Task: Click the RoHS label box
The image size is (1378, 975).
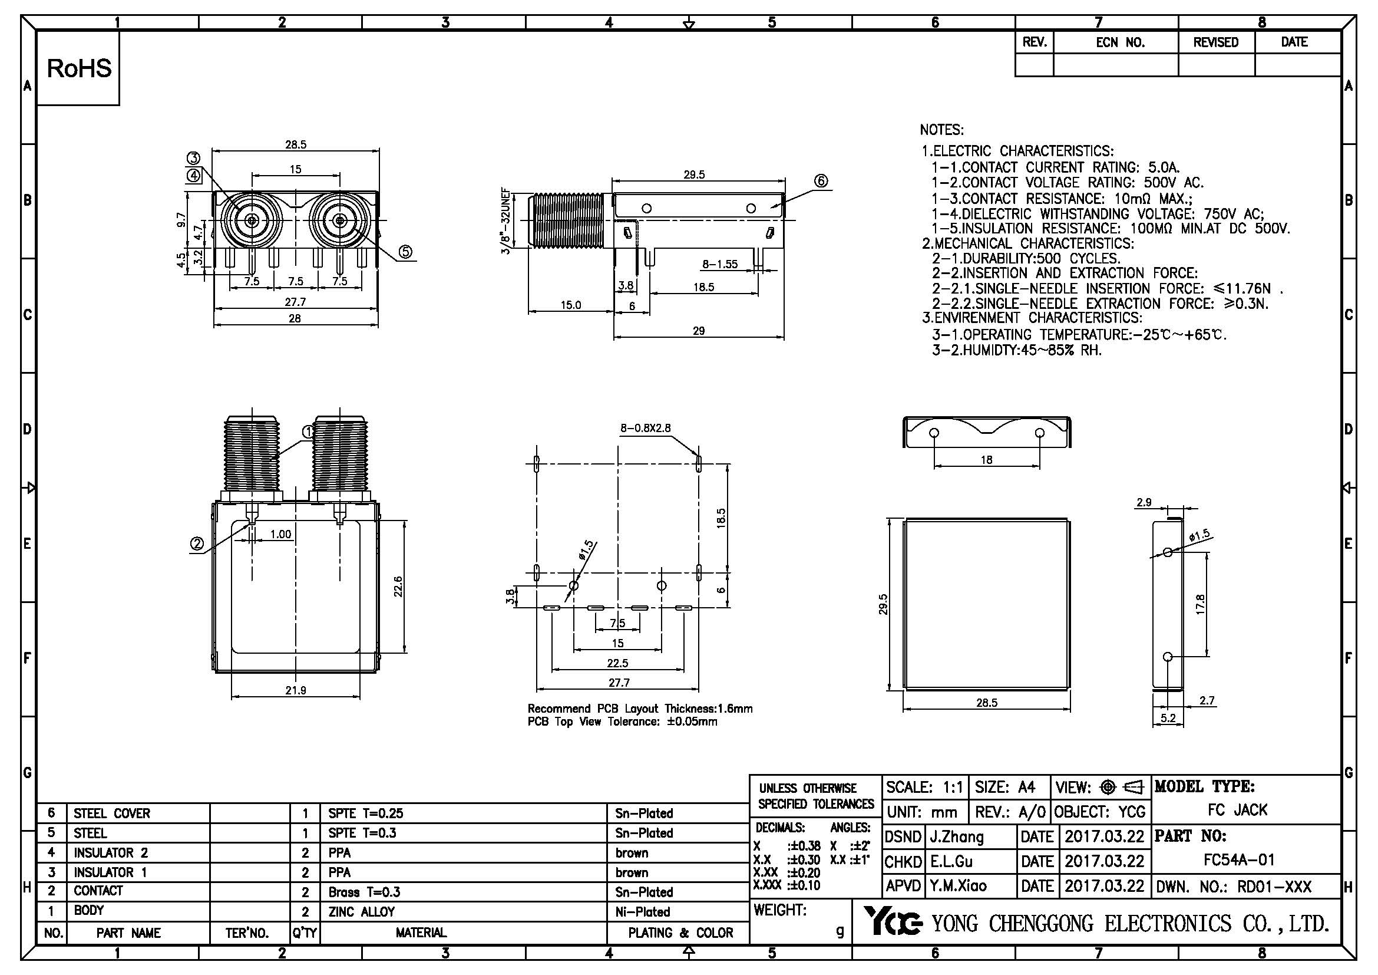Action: [x=78, y=68]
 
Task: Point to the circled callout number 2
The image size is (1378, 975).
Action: [x=197, y=544]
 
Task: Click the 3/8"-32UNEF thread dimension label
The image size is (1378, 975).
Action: [x=506, y=222]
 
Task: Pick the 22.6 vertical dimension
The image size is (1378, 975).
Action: [x=397, y=587]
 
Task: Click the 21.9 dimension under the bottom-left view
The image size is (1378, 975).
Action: [x=295, y=690]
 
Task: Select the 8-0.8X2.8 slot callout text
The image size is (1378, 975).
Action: [x=646, y=428]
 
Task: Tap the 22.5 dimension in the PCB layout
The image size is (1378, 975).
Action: [x=617, y=663]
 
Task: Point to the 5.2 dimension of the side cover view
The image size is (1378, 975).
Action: [x=1168, y=717]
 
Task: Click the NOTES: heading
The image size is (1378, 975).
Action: [x=941, y=130]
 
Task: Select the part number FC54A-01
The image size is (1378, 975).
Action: [x=1239, y=859]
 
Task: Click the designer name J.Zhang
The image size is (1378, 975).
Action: [x=957, y=836]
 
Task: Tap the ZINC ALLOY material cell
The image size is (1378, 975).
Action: [x=361, y=912]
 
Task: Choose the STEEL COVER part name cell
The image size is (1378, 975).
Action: [x=111, y=813]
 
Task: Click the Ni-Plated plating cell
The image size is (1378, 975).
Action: [x=642, y=912]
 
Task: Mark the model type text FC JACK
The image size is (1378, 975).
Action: [x=1238, y=810]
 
